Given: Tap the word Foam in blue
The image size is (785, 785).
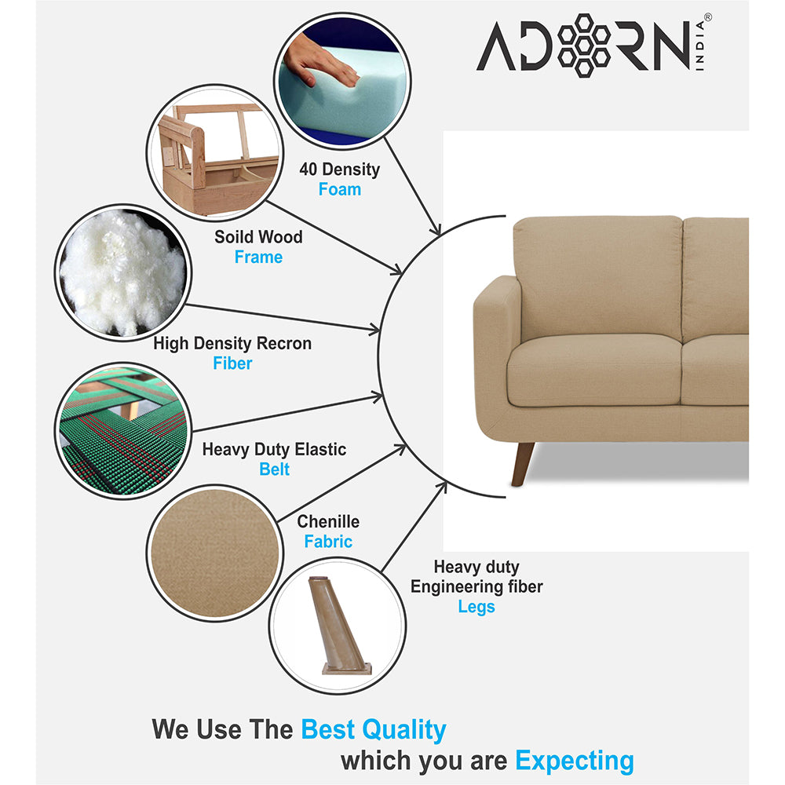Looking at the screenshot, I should tap(339, 189).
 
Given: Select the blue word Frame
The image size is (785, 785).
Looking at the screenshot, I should tap(258, 257).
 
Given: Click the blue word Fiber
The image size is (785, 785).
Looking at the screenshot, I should tap(232, 363).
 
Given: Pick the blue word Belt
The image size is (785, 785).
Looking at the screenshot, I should tap(274, 469).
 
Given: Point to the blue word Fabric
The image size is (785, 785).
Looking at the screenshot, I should tap(328, 542).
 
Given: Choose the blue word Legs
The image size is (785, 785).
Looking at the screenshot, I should tap(476, 607).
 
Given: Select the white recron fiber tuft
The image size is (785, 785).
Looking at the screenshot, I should tap(123, 271).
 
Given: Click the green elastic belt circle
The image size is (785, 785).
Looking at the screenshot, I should tap(123, 428).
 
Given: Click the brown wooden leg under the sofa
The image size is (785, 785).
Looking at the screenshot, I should tap(523, 463).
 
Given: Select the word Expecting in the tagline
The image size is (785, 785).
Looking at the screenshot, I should tap(575, 761).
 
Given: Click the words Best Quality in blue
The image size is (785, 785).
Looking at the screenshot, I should tap(374, 729).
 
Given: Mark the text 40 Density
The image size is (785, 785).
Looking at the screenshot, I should tap(339, 170).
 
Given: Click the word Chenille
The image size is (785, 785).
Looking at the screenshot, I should tap(328, 522).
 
